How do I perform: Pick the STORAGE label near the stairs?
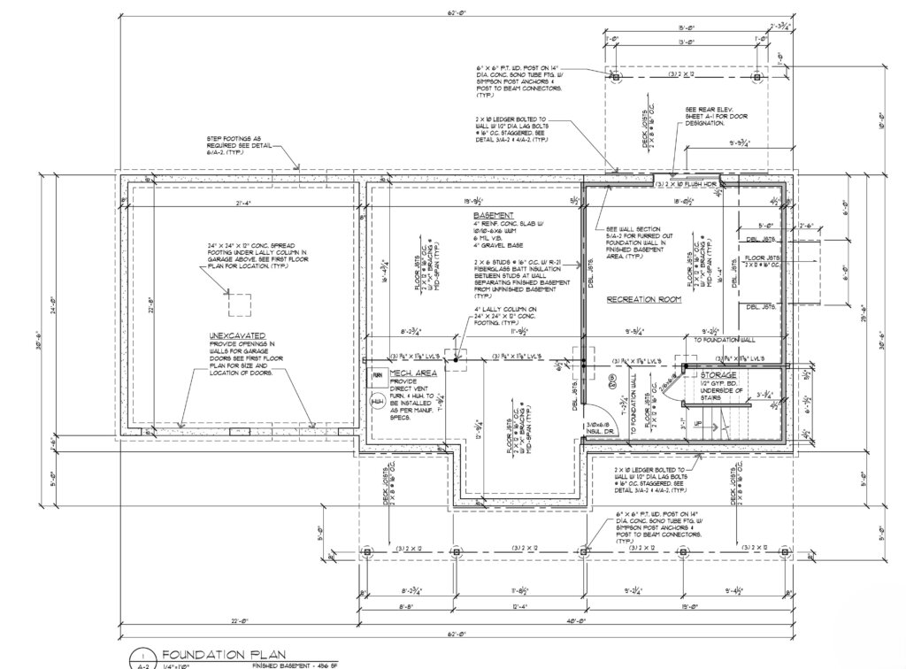[718, 374]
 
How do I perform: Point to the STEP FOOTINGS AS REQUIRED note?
[234, 146]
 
